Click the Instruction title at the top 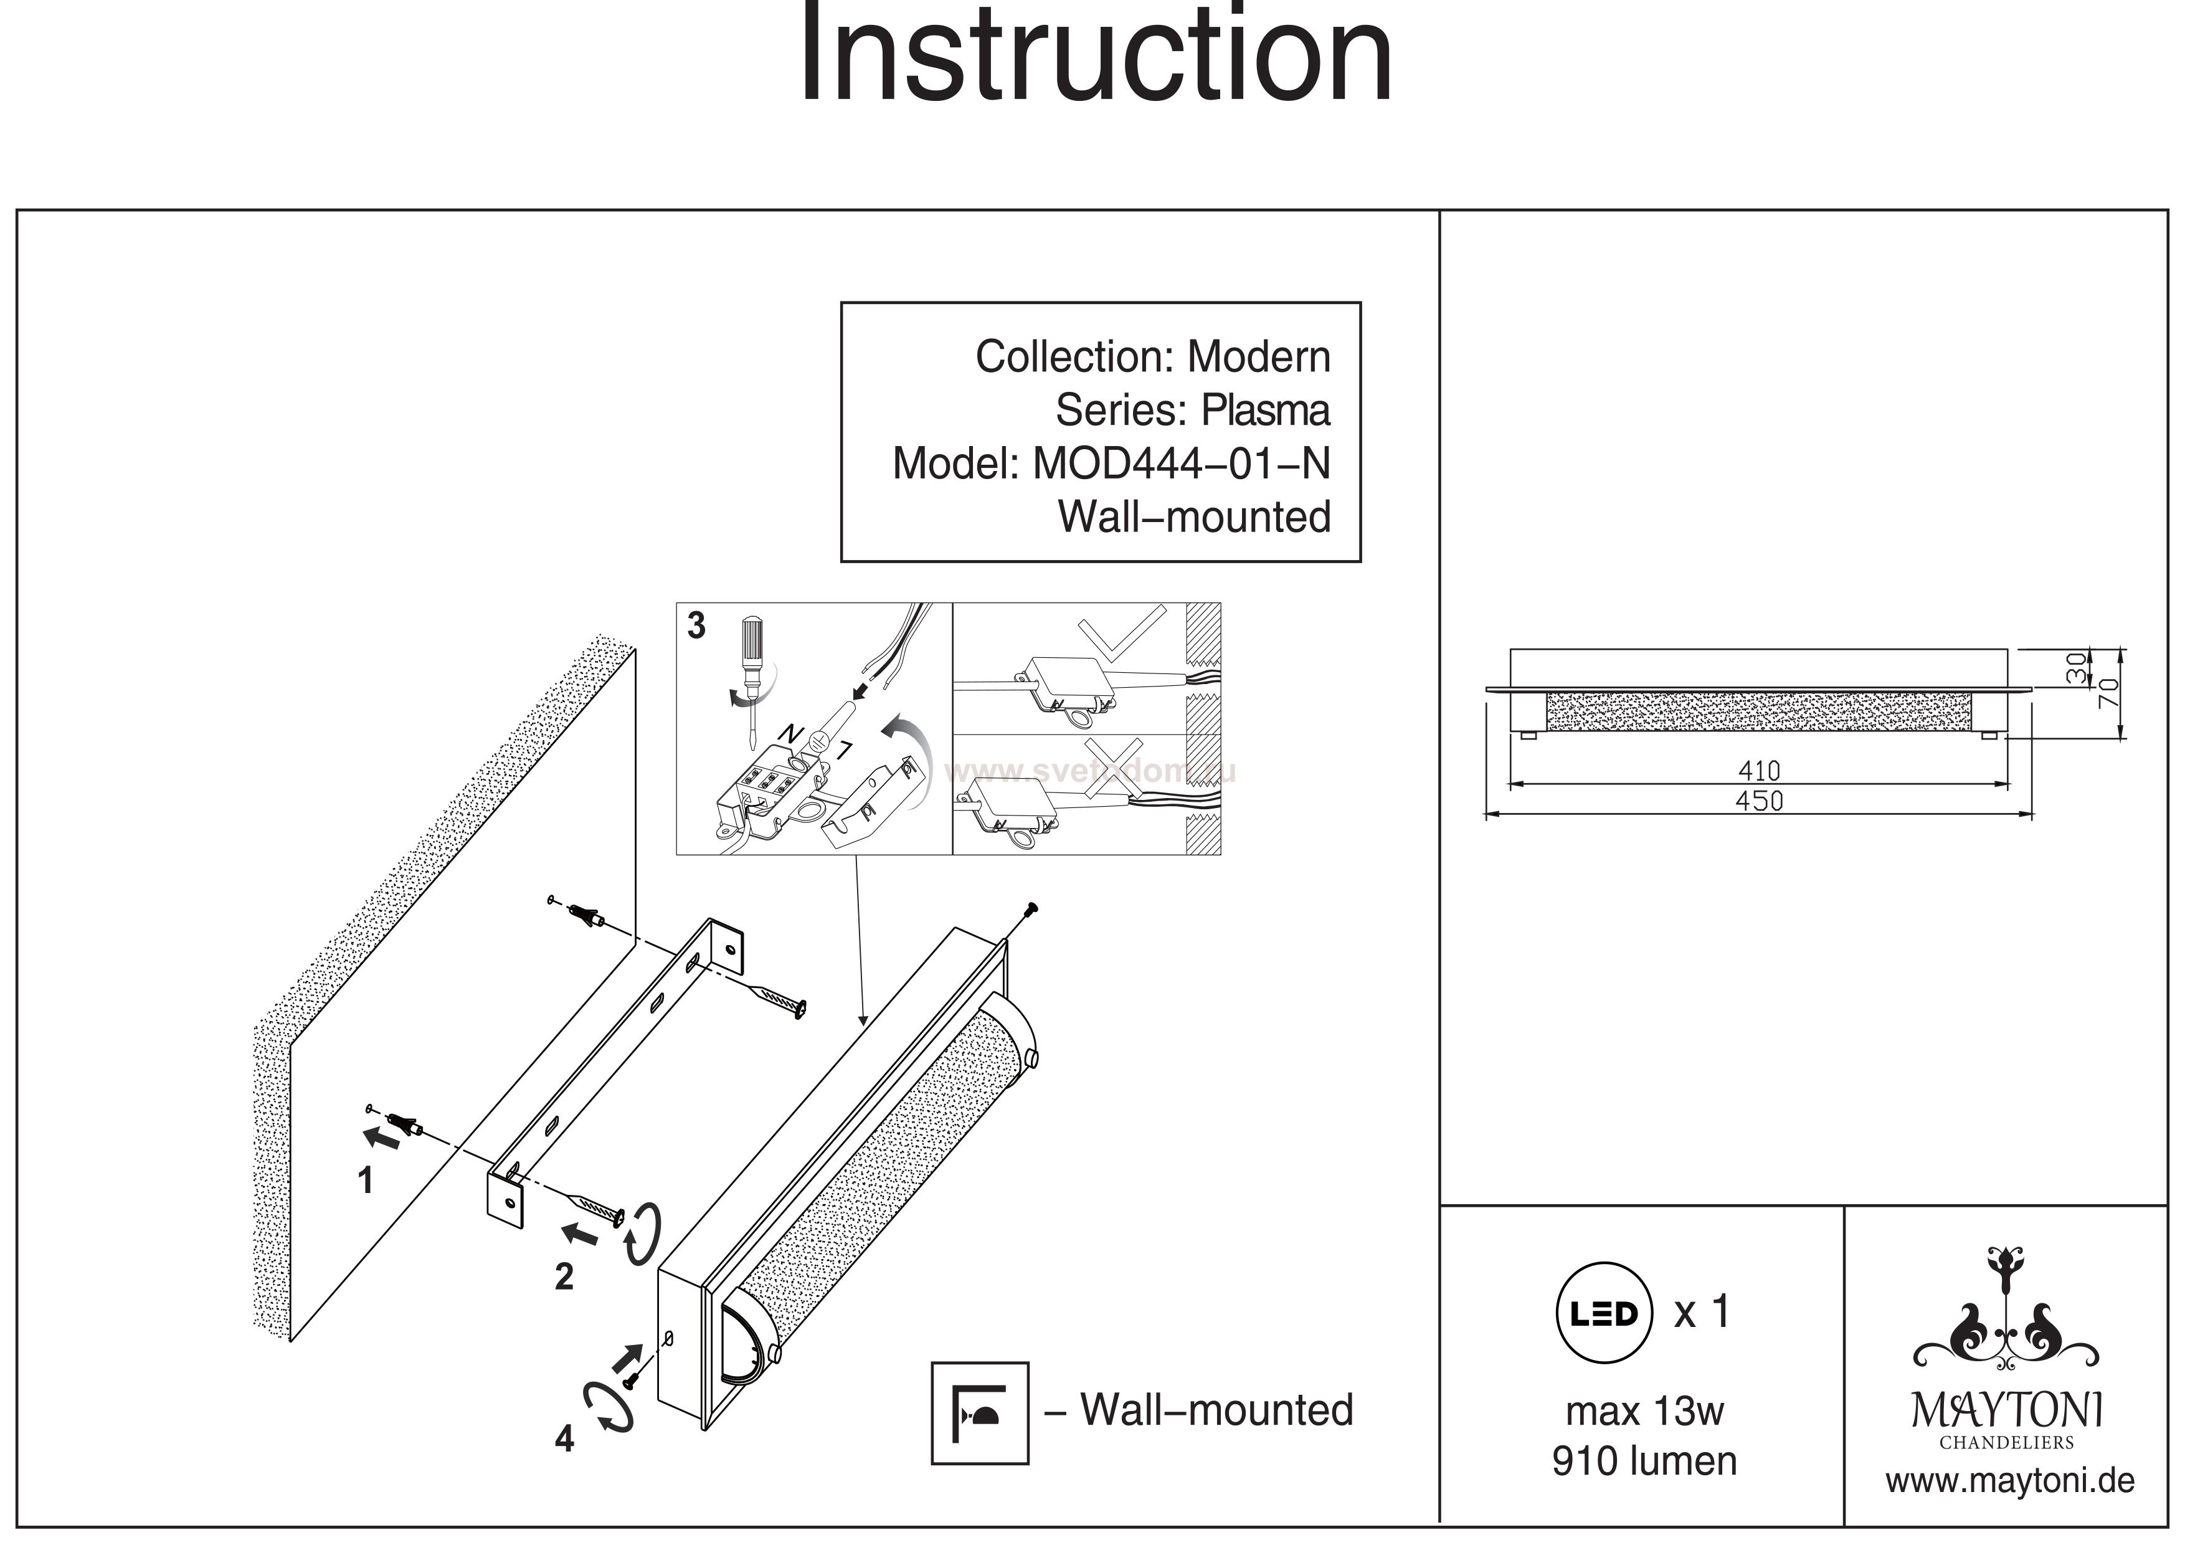(1094, 57)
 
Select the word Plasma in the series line (1265, 411)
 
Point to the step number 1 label (364, 1181)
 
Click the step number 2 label (564, 1276)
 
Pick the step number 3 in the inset (696, 625)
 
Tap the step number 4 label (564, 1439)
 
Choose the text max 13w (1644, 1411)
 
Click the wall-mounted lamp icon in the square (979, 1413)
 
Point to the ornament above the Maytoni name (2006, 1314)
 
